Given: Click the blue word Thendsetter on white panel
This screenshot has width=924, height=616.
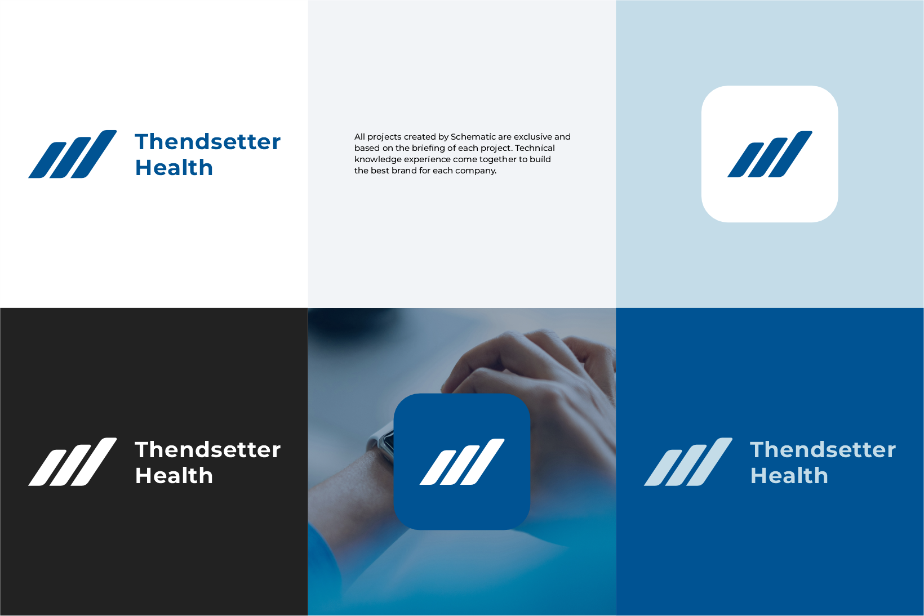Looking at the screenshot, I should pos(207,142).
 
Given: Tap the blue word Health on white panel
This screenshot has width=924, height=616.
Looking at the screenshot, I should pos(174,168).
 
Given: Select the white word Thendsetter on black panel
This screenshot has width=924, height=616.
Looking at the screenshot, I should pos(207,450).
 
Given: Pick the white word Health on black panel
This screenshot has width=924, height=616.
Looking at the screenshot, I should pos(174,476).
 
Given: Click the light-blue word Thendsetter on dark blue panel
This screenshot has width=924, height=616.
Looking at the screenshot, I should pos(823,450).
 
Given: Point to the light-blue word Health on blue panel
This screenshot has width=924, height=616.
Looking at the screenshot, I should pos(789,476).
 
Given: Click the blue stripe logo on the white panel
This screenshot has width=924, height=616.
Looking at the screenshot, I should pos(73,154).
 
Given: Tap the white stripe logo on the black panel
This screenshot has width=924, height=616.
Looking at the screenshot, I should pos(73,462).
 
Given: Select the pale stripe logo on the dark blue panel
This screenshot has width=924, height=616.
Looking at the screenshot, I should pos(688,462).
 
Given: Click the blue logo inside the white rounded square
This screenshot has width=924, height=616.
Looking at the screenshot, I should pos(770,154).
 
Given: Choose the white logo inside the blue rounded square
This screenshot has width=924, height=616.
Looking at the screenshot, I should pos(462,462).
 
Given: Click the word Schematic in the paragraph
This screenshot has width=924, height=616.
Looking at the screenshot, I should pos(473,137).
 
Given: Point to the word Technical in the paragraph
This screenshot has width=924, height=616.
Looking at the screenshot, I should pos(535,148).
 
